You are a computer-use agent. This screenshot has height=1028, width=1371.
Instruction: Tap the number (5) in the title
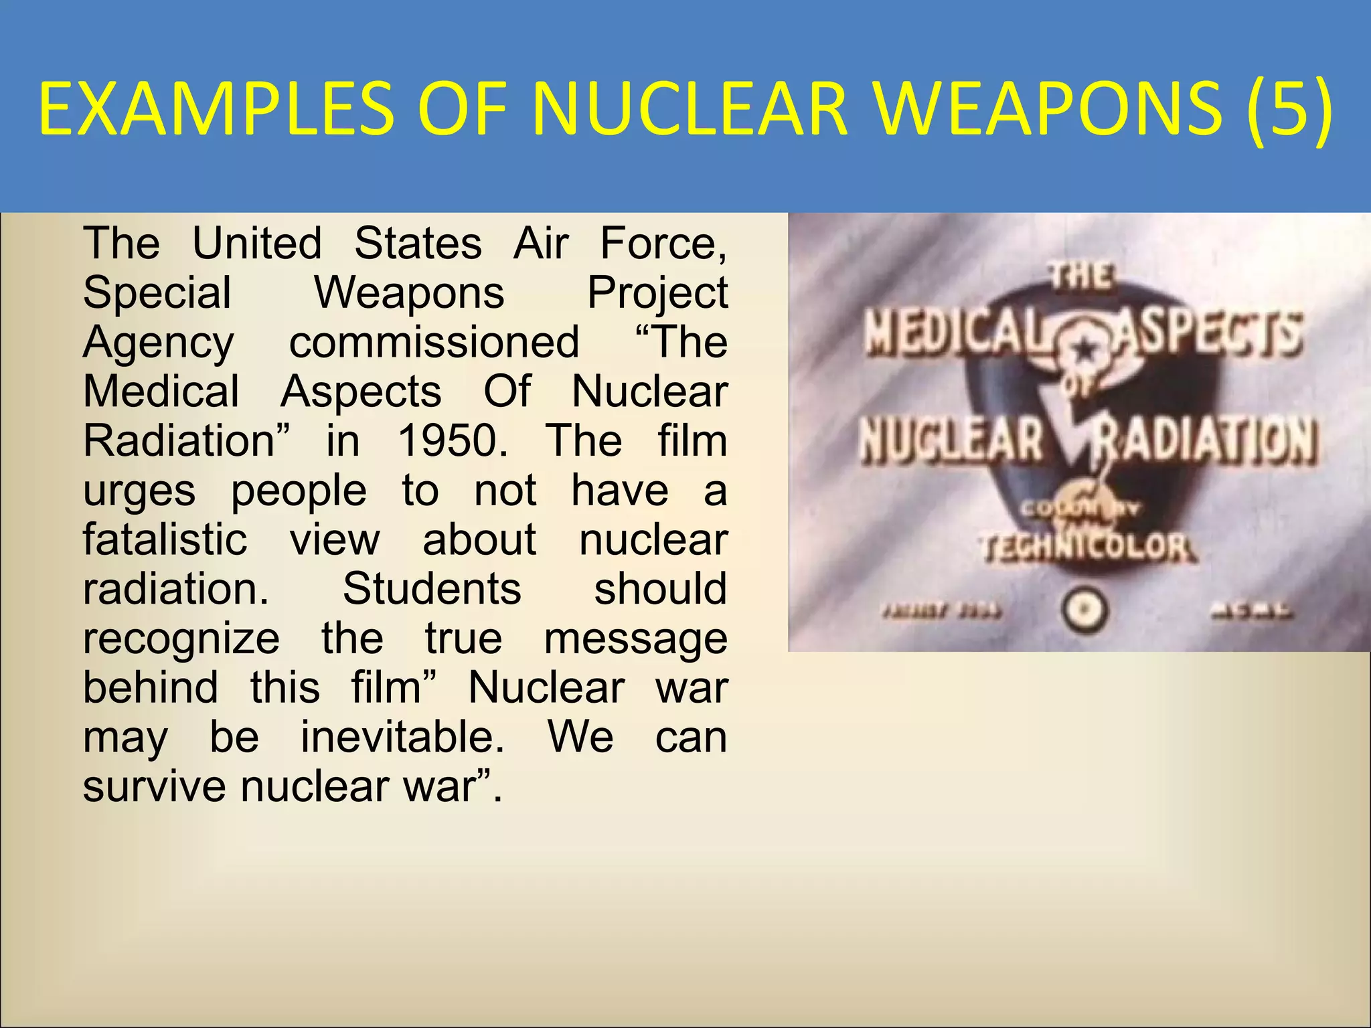[x=1289, y=108]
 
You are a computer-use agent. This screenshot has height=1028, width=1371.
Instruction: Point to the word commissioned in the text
[x=434, y=343]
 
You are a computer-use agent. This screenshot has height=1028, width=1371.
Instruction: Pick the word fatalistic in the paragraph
[x=165, y=540]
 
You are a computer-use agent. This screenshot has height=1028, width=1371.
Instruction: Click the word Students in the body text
[x=432, y=590]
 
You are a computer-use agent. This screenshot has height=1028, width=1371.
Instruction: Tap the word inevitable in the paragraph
[x=402, y=738]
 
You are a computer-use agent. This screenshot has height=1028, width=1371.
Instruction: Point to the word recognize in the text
[x=181, y=639]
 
